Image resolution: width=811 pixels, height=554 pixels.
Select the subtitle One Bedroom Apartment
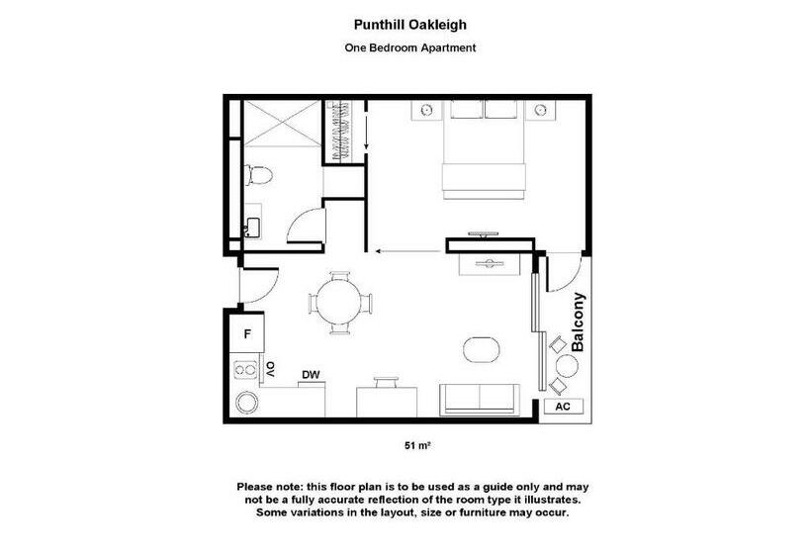(x=408, y=46)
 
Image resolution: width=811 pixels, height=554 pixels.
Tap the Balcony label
(x=580, y=323)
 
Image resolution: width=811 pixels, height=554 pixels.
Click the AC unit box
(x=563, y=406)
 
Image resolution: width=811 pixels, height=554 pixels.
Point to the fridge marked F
(x=247, y=334)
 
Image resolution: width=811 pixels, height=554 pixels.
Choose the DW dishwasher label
(x=310, y=374)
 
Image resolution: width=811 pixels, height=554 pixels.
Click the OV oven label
(x=269, y=370)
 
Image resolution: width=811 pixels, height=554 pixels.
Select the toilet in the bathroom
(x=260, y=177)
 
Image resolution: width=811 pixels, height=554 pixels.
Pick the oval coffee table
(x=483, y=348)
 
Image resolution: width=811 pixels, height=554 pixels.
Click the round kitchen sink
(x=246, y=403)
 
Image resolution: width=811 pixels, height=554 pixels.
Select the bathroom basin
(x=251, y=227)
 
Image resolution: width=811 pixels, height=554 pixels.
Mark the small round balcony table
(x=567, y=367)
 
